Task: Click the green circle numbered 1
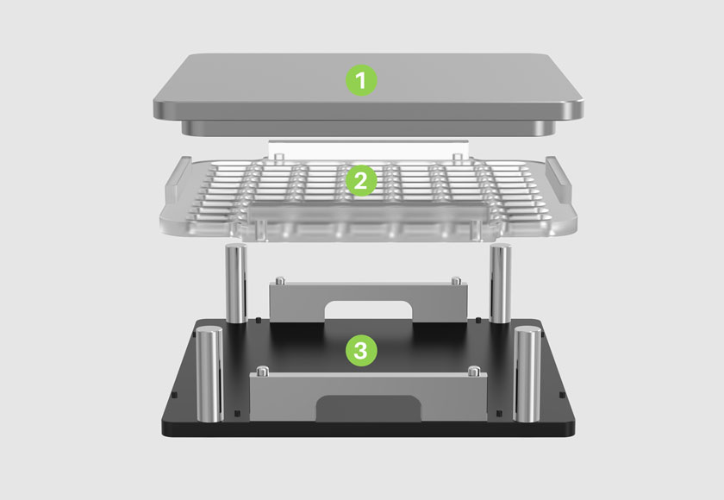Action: [x=361, y=81]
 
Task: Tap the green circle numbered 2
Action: [x=361, y=180]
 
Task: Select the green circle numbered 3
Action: [x=361, y=351]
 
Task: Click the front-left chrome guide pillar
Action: [x=209, y=374]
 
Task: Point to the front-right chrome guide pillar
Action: [x=527, y=374]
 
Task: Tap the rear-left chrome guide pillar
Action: [x=236, y=284]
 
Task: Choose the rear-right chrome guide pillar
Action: [x=501, y=284]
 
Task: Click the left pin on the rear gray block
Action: [x=280, y=281]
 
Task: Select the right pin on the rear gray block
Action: [x=456, y=281]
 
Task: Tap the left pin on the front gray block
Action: [x=263, y=371]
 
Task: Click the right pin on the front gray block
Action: [x=474, y=371]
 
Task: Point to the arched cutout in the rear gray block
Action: [x=369, y=310]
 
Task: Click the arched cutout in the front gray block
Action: [x=369, y=408]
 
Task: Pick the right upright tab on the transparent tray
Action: [x=559, y=183]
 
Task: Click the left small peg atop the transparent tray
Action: [x=278, y=159]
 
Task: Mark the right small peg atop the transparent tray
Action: [x=457, y=159]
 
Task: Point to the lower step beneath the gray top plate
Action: [x=369, y=128]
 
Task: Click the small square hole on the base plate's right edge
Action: [x=562, y=395]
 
